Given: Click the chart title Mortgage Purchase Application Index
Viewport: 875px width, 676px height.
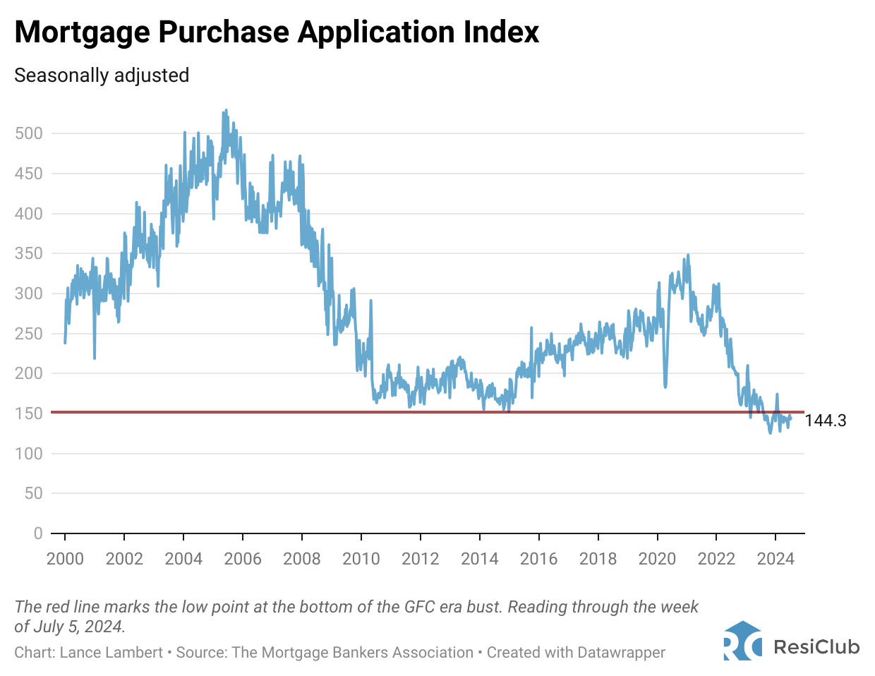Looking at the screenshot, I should (277, 32).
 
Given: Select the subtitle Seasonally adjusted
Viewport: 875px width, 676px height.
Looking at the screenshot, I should (102, 76).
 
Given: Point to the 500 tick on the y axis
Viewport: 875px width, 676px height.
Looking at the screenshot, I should (29, 133).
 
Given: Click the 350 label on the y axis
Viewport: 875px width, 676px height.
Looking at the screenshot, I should (29, 253).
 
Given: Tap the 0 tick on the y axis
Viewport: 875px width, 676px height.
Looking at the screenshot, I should (38, 533).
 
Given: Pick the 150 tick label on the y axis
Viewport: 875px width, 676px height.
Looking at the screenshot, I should (29, 414).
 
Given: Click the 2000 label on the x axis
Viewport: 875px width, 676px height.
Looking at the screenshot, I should (65, 559).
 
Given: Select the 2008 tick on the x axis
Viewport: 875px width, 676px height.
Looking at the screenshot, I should (302, 559).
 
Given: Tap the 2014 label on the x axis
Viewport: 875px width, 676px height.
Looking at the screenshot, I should (480, 559).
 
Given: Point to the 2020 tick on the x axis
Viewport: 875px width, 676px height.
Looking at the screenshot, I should (657, 559).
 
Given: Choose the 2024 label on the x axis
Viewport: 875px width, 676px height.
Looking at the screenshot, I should (776, 559).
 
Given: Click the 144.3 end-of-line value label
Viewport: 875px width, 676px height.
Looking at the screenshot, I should (825, 421).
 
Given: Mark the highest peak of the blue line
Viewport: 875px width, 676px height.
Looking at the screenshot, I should (226, 111).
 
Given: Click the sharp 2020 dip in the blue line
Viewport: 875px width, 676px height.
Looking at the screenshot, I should (665, 386).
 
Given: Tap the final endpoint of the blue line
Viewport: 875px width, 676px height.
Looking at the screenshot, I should (790, 418).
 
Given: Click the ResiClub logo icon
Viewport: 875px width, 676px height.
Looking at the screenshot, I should (742, 641).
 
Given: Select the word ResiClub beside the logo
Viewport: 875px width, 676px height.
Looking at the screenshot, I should (816, 646).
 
